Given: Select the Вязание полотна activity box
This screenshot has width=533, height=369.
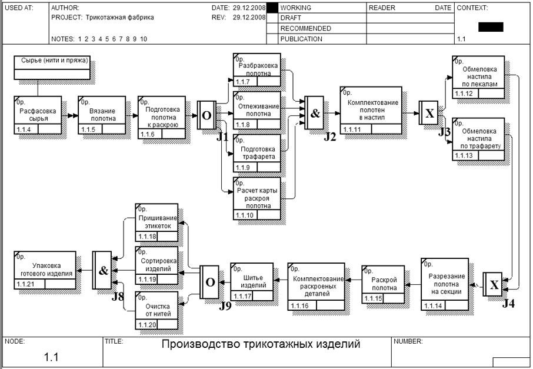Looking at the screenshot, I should [102, 114].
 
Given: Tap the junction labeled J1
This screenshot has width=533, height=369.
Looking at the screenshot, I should [206, 115].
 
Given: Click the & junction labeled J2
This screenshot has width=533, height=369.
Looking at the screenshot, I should [315, 114].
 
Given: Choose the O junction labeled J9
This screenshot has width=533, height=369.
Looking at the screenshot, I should [209, 282].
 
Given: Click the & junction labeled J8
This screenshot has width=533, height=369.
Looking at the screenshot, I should [102, 271].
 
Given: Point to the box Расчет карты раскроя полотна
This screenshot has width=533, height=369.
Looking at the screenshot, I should [257, 198].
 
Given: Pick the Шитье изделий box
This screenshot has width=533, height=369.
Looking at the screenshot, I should [251, 280].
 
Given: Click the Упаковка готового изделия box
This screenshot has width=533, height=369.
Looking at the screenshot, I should [45, 270].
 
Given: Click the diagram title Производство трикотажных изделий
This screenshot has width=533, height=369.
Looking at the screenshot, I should [261, 344].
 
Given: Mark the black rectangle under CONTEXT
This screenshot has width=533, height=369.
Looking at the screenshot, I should [491, 26].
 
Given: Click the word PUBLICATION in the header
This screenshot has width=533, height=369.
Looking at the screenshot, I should [301, 39].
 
